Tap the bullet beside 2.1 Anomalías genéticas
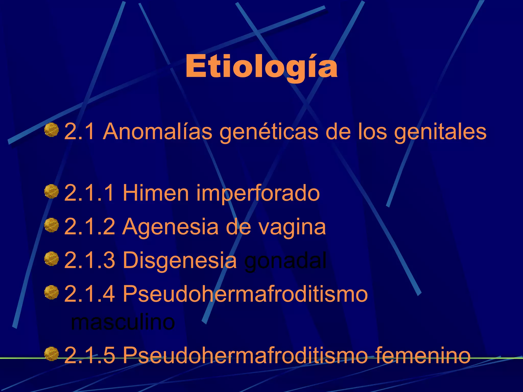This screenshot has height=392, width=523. click(51, 130)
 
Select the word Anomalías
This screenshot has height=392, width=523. click(157, 132)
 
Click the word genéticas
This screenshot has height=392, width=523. click(269, 132)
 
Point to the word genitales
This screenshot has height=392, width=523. click(440, 132)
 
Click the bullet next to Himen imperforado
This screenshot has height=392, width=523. click(51, 191)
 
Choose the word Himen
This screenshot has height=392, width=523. click(156, 193)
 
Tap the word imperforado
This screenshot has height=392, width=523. click(258, 193)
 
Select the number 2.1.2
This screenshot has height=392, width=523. click(89, 227)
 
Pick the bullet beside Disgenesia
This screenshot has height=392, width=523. click(51, 259)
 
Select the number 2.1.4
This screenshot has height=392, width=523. click(89, 294)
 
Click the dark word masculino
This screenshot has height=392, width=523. click(123, 323)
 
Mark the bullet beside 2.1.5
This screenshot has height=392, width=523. click(51, 354)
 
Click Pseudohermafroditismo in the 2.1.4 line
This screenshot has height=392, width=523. click(245, 294)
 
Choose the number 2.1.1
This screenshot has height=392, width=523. click(89, 193)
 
